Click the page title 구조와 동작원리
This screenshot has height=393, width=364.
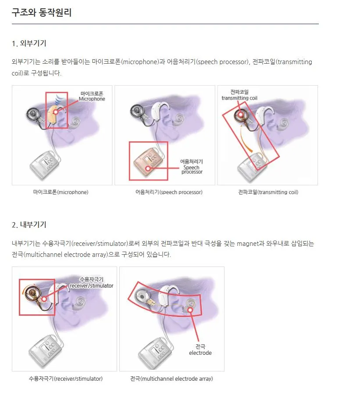[x=42, y=12]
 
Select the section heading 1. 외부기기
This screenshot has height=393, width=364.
[x=29, y=43]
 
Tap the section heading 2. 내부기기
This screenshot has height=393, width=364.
[x=29, y=224]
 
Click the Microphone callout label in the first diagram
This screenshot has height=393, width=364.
[x=92, y=96]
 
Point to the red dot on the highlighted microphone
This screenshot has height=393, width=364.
[x=56, y=112]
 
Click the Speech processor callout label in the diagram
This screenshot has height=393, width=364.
[x=192, y=166]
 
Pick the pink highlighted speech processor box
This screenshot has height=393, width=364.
[x=149, y=161]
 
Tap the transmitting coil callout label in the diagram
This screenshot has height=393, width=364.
[x=239, y=95]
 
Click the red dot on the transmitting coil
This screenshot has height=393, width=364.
[x=241, y=115]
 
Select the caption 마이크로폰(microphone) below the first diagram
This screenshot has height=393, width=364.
[x=61, y=192]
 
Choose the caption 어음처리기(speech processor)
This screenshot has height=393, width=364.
[x=169, y=192]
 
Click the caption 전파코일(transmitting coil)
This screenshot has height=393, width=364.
[x=268, y=192]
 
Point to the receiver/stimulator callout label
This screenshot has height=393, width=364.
[x=91, y=283]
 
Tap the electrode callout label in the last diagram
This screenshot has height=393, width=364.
[x=200, y=350]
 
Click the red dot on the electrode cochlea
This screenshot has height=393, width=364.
[x=190, y=310]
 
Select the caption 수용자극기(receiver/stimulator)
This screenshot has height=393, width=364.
[x=66, y=379]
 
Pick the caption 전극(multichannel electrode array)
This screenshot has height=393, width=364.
[x=171, y=379]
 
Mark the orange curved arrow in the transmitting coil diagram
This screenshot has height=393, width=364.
[x=245, y=139]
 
